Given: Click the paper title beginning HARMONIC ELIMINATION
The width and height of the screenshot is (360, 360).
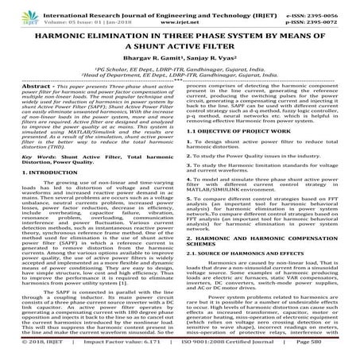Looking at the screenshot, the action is [x=180, y=40].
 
